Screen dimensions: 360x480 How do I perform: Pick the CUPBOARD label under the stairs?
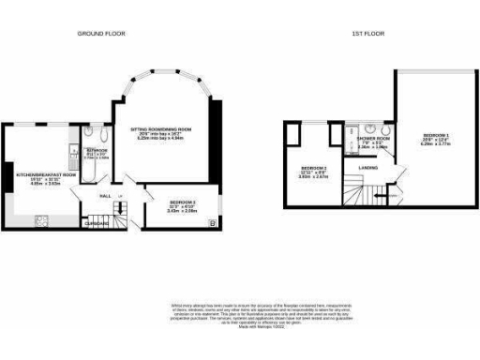pyautogui.click(x=96, y=223)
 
